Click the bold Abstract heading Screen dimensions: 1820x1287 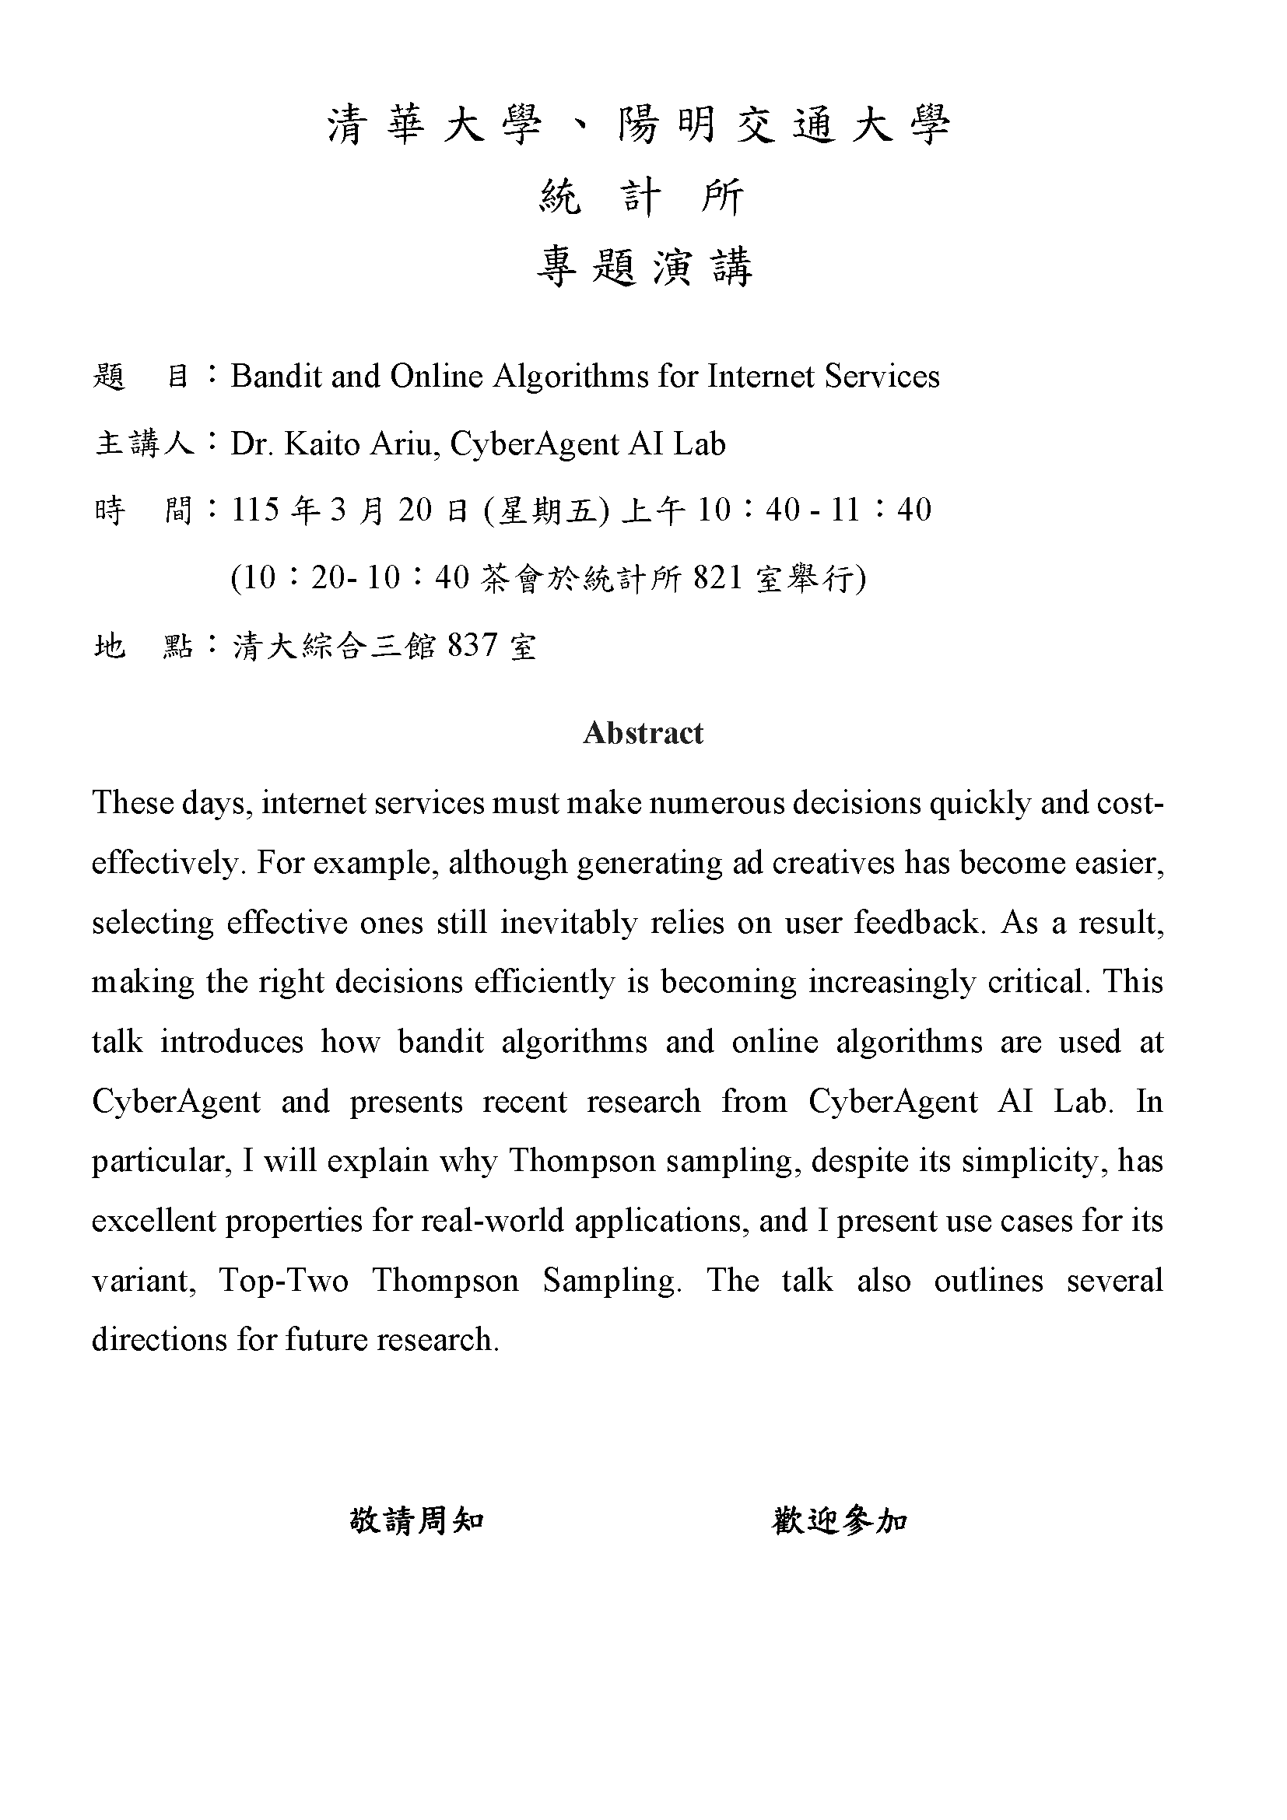[643, 733]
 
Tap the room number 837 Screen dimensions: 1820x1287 [473, 646]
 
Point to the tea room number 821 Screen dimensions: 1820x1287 [718, 578]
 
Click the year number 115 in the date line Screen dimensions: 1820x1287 [256, 510]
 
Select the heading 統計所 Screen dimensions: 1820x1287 [642, 197]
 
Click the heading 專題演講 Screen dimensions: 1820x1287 [643, 266]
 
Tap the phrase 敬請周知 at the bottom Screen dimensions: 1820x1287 [417, 1520]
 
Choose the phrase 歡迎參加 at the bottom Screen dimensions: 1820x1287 [840, 1520]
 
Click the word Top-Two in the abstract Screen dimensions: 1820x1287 [284, 1280]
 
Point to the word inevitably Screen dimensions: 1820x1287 [568, 923]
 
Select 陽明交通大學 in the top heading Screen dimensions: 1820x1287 [784, 125]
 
